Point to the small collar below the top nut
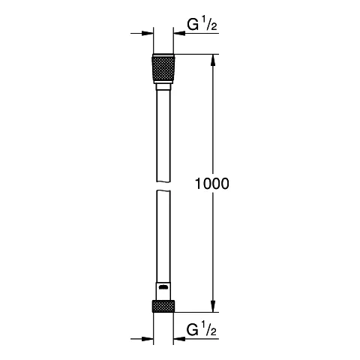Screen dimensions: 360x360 [x=163, y=87]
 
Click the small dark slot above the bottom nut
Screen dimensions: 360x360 [x=163, y=286]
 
